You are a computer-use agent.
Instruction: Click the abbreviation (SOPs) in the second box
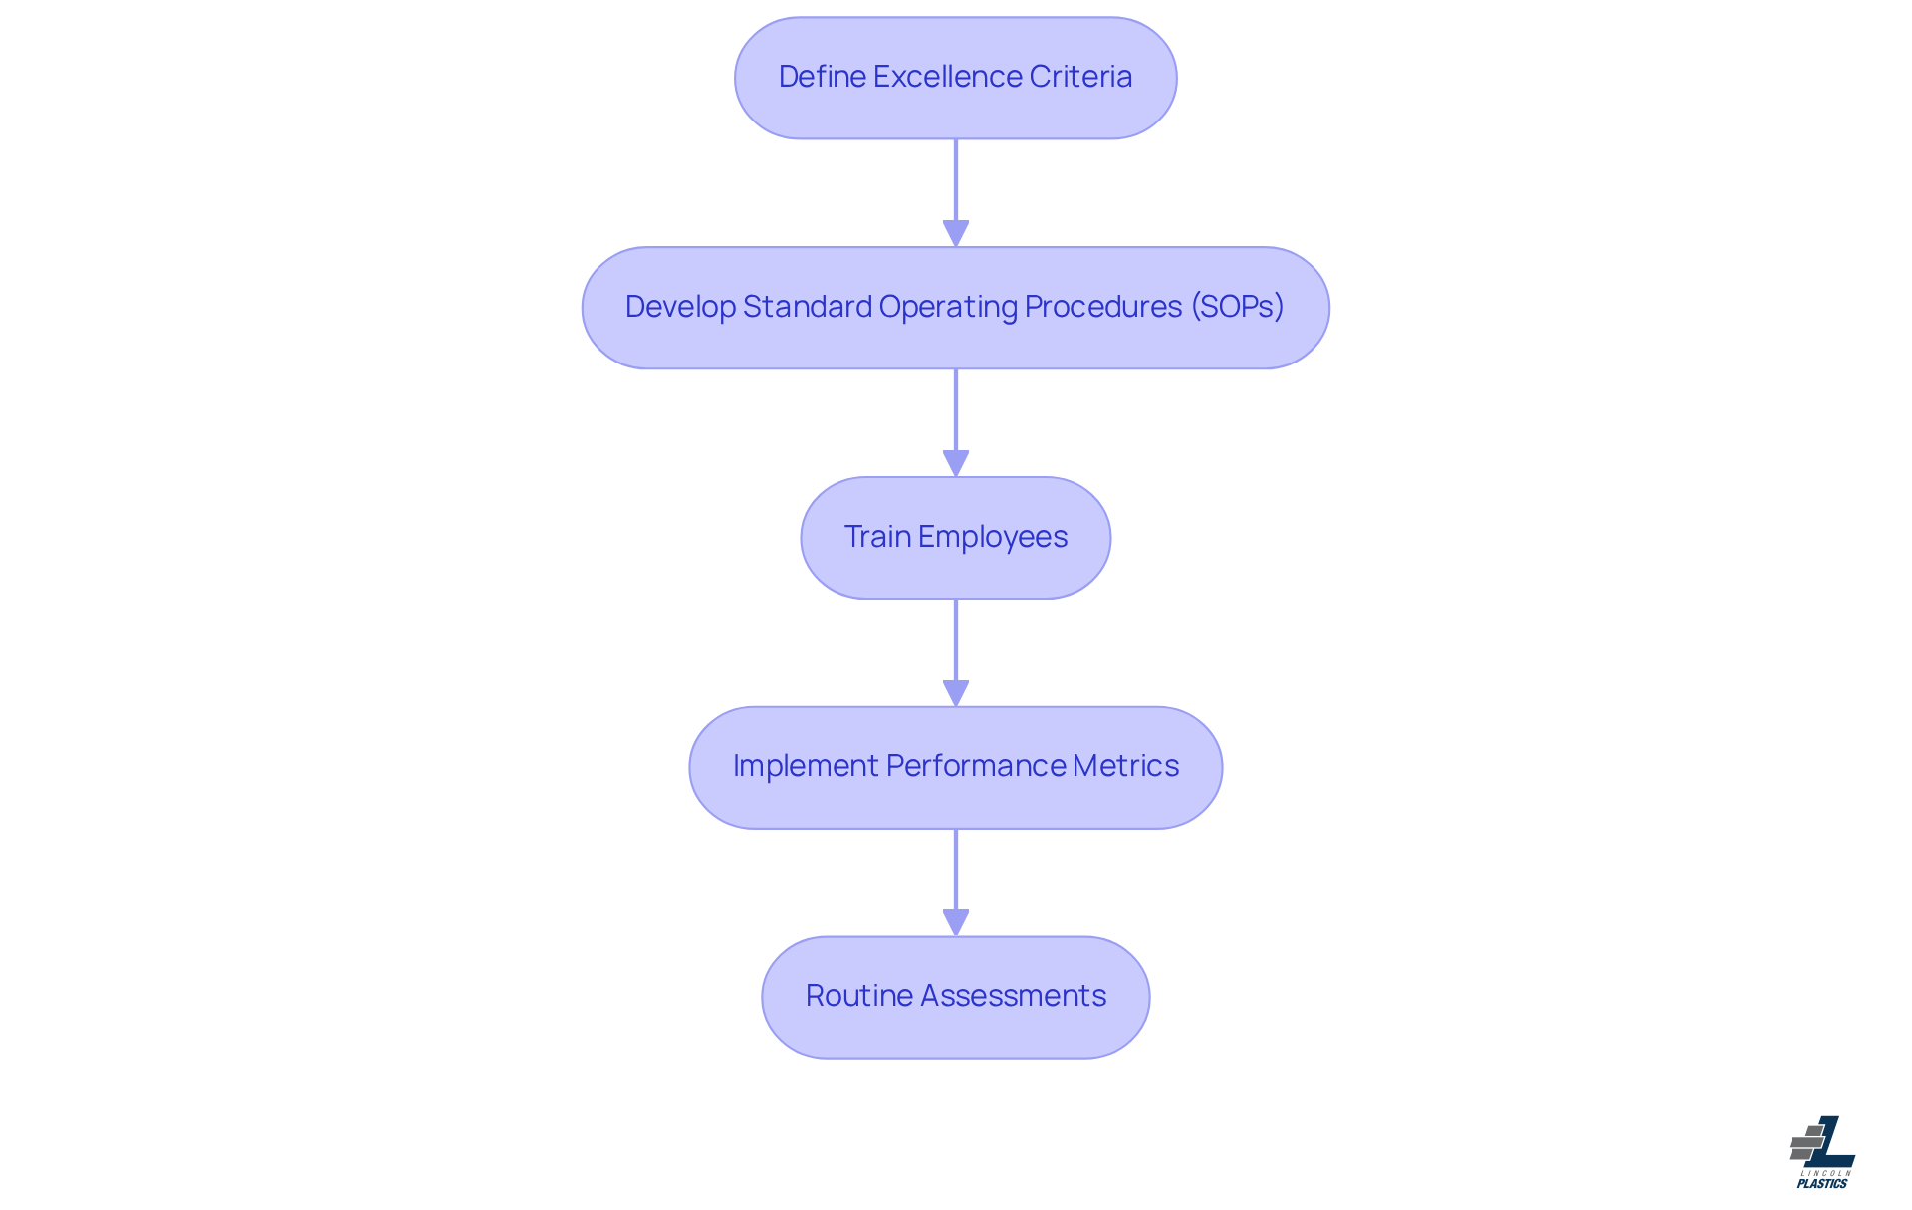coord(1238,307)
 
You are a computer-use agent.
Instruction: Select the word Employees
coord(993,537)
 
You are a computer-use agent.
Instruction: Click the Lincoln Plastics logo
coord(1822,1152)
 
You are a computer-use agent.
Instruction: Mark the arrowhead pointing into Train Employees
coord(956,464)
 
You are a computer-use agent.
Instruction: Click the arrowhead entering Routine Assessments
coord(956,923)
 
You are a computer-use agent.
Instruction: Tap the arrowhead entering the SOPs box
coord(956,234)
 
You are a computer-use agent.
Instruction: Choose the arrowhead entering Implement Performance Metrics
coord(956,694)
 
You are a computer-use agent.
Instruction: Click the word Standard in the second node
coord(808,307)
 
